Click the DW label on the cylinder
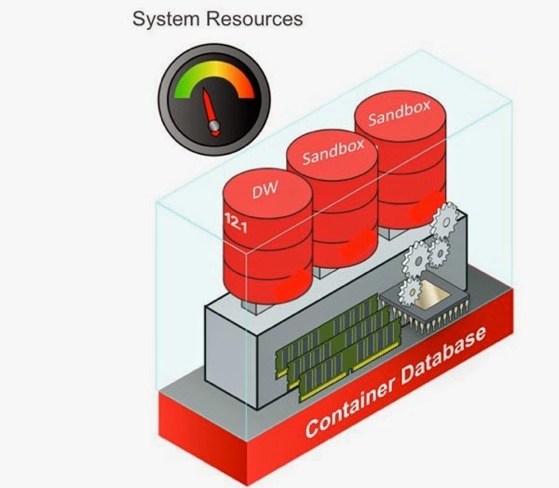click(264, 194)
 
